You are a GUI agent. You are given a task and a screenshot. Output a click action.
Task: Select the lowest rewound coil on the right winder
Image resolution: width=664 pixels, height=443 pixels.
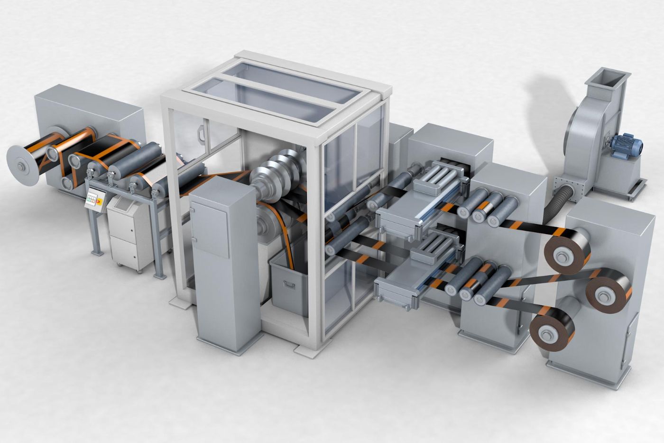pos(551,330)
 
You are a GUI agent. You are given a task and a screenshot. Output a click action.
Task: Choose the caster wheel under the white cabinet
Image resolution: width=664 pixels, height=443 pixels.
pos(139,269)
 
